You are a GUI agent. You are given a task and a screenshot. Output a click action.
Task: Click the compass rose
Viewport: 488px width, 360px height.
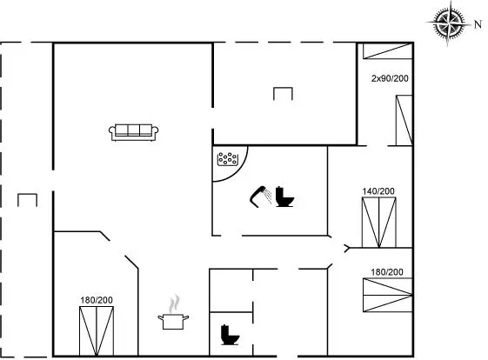[448, 23]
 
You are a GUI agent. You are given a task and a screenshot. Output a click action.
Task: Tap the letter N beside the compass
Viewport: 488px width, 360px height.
[478, 24]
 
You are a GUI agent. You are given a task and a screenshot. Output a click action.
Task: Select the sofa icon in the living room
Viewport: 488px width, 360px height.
[133, 132]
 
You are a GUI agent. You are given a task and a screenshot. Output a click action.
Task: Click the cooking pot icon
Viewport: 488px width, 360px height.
[173, 322]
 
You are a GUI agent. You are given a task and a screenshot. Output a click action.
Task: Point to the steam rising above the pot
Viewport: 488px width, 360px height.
[175, 303]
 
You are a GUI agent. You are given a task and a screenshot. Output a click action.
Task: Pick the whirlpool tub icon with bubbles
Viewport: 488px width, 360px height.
[228, 158]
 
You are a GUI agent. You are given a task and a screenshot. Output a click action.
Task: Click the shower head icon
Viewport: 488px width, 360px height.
[260, 197]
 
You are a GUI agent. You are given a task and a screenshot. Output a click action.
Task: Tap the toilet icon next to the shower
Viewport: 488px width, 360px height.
[284, 197]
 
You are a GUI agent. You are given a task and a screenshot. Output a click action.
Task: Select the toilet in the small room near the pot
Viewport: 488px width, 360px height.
[230, 335]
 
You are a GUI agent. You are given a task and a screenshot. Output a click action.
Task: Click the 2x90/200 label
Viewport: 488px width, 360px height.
[390, 78]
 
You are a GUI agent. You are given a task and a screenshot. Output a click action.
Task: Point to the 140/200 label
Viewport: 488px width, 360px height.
[378, 191]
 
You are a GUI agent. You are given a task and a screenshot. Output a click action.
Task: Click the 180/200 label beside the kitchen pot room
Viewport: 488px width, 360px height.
[97, 300]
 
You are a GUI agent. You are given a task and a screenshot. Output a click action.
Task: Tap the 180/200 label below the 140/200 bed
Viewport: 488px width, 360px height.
[387, 272]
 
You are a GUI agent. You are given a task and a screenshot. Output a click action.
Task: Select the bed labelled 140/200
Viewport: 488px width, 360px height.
[378, 223]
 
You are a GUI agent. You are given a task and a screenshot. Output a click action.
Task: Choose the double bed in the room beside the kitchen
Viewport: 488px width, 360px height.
[97, 331]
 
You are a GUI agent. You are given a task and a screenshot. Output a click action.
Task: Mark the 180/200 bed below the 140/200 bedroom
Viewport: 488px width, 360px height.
[388, 295]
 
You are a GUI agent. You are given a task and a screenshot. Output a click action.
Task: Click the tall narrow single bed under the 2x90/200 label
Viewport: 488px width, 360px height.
[404, 120]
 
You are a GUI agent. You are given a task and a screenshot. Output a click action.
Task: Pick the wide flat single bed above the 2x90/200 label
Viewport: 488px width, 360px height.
[388, 51]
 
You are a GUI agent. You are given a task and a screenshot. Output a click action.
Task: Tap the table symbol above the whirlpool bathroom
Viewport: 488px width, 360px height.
[283, 94]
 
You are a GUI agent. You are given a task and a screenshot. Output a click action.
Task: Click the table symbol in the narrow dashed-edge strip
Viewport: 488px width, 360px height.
[27, 200]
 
